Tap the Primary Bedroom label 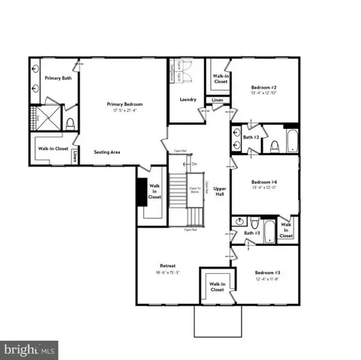pos(125,104)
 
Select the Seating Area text pos(108,151)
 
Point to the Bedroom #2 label pos(265,88)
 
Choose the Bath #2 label pos(251,138)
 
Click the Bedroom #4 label pos(265,182)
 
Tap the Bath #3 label pos(251,234)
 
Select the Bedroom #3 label pos(267,271)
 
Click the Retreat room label pos(167,266)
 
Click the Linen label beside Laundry pos(217,99)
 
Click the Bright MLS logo pos(30,349)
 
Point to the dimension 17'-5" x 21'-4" pos(125,111)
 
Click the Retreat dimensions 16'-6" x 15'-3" pos(167,273)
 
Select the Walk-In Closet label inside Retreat pos(218,286)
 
